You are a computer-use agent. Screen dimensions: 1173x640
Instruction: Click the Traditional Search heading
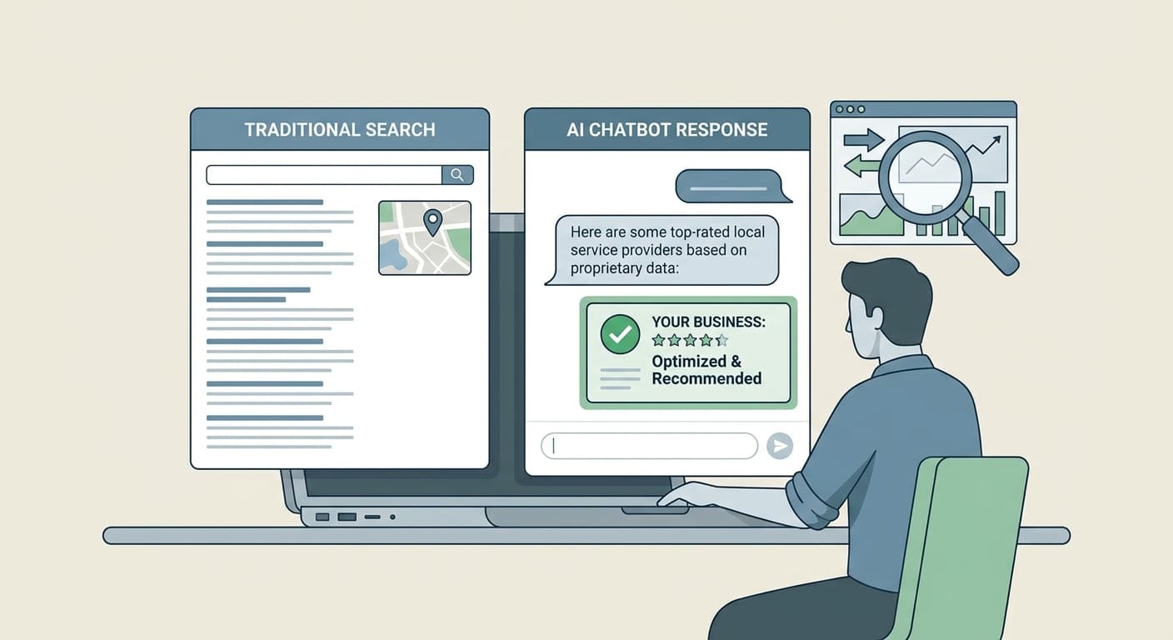[x=340, y=130]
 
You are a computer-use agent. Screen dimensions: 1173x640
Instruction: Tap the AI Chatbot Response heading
[x=666, y=130]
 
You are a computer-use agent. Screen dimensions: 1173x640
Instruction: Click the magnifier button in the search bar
[x=457, y=175]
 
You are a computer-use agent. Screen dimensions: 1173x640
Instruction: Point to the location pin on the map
[x=432, y=222]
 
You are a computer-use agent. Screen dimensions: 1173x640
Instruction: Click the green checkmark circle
[x=620, y=334]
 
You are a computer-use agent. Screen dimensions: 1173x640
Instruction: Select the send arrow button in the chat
[x=780, y=446]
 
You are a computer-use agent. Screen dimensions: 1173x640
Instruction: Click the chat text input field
[x=649, y=446]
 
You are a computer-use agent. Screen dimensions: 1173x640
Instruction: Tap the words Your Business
[x=708, y=322]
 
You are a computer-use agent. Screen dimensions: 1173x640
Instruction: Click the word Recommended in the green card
[x=706, y=378]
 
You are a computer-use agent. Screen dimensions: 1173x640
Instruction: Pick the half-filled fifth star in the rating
[x=722, y=341]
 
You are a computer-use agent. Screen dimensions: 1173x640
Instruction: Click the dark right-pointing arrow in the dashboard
[x=864, y=140]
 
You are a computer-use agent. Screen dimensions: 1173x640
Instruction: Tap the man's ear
[x=874, y=319]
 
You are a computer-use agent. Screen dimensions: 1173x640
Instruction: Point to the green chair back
[x=974, y=545]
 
